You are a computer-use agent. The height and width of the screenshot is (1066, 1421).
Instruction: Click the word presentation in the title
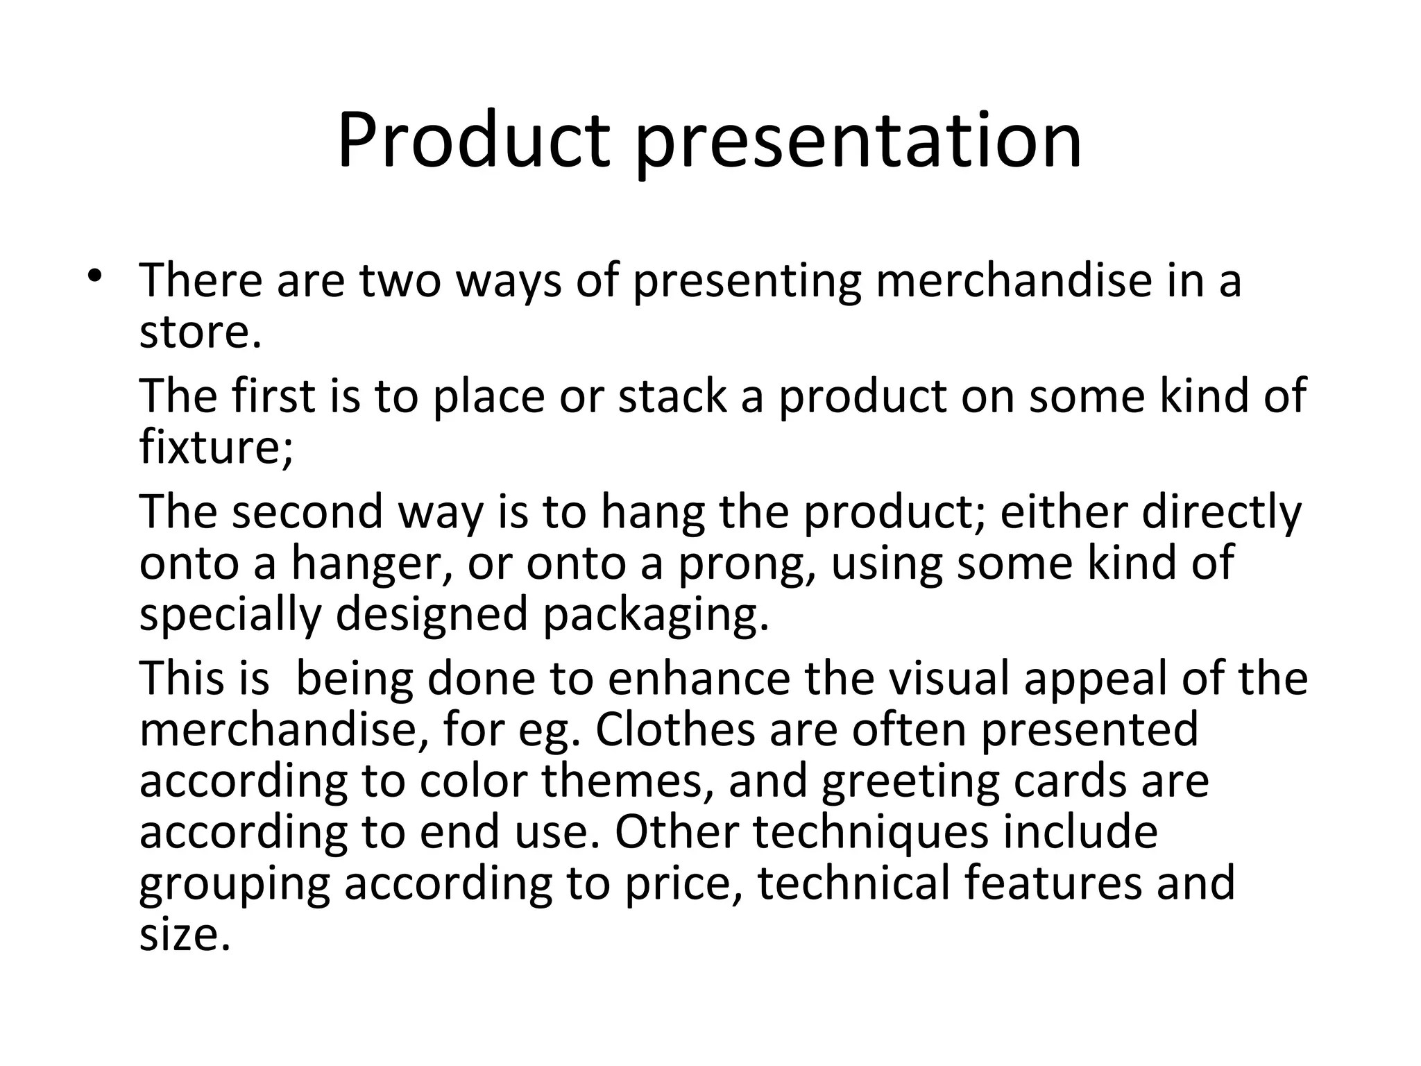pos(858,142)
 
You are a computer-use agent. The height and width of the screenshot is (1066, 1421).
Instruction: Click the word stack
pos(672,396)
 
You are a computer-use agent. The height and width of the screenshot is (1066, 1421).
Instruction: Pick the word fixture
pos(215,448)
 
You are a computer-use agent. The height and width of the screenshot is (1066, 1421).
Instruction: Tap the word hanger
pos(368,564)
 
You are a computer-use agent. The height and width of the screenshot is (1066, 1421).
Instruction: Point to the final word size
pos(184,936)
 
